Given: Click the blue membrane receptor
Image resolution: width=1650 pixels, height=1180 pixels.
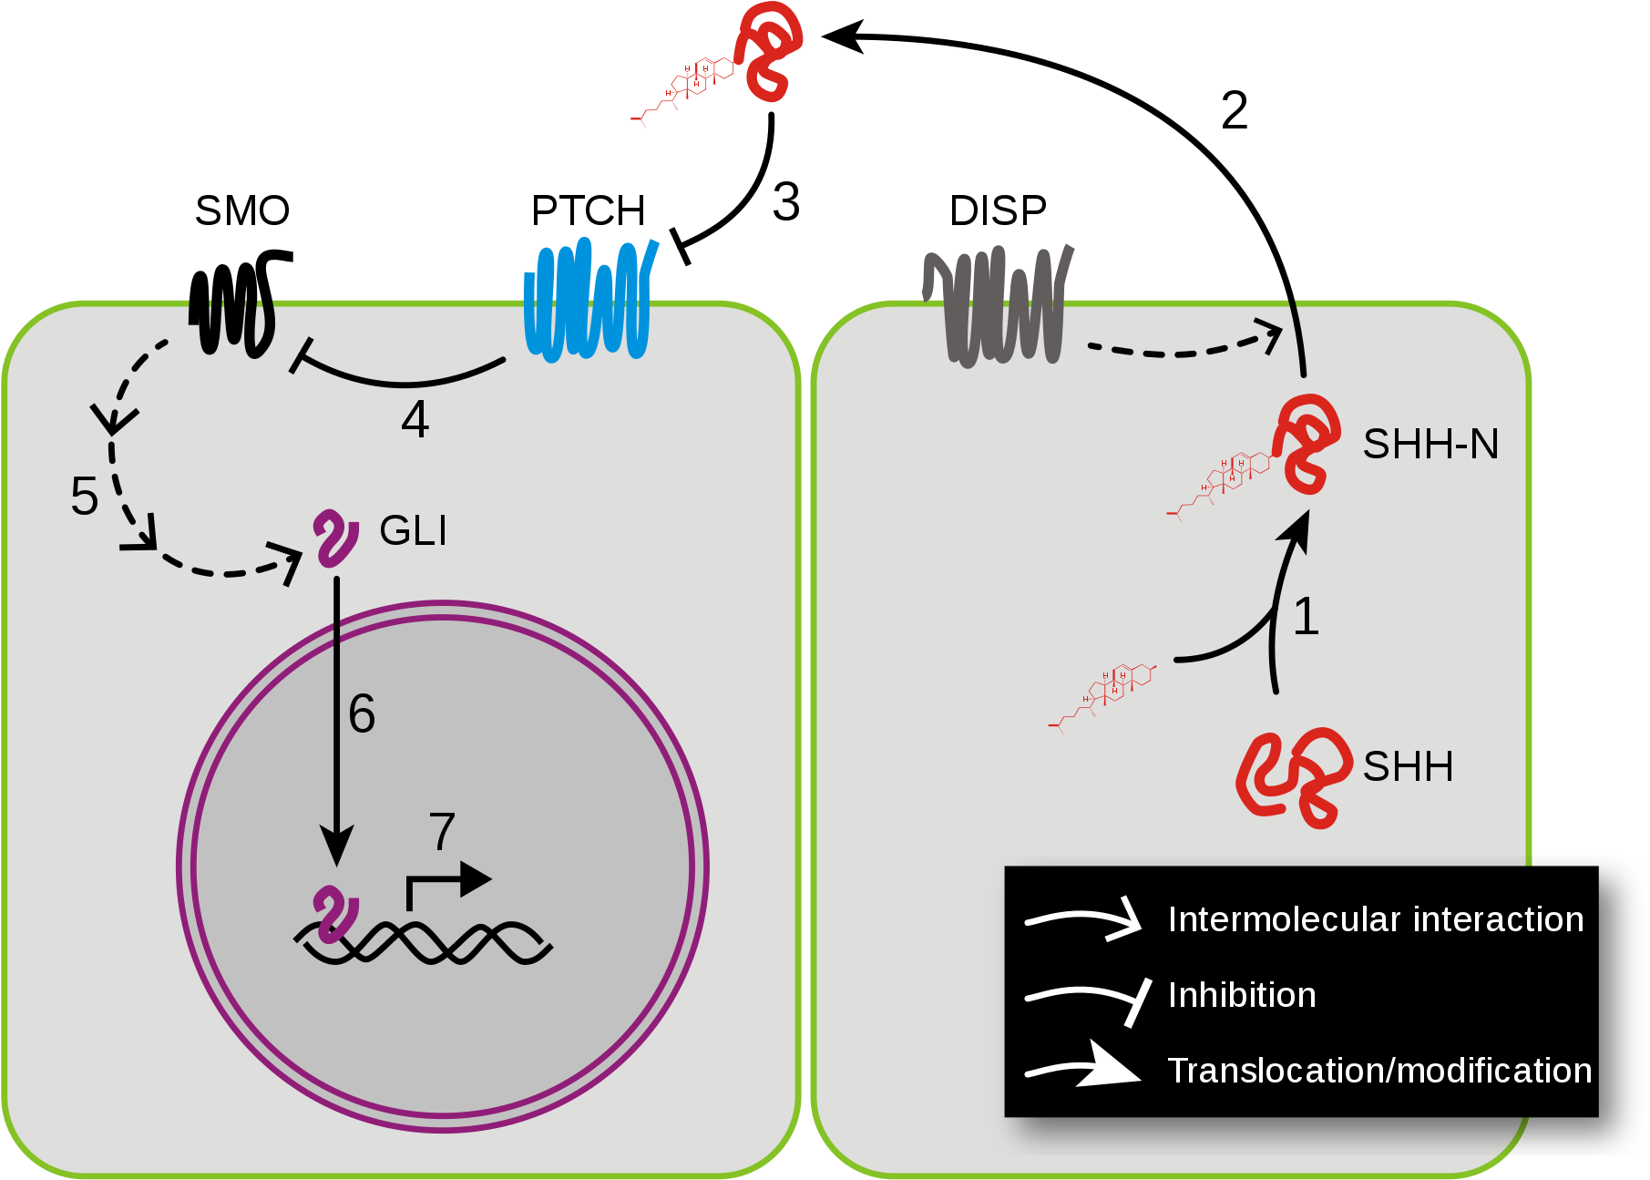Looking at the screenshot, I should (x=588, y=301).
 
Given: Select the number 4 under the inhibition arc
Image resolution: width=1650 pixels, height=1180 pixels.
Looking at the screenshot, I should (x=415, y=420).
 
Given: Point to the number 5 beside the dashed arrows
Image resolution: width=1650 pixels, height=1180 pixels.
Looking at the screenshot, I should (x=84, y=497).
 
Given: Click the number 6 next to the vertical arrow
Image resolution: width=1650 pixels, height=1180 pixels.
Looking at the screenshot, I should (x=362, y=713).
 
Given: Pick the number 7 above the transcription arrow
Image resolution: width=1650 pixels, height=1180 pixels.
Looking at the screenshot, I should (x=442, y=831).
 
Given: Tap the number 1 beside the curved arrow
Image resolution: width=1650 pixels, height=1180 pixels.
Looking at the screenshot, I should (x=1306, y=617).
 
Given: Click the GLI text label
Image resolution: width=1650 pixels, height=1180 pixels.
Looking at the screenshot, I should (x=413, y=531).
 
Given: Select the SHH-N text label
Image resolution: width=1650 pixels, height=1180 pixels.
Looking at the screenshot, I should (x=1430, y=445).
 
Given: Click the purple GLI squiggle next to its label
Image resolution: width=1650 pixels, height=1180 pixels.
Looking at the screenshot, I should (x=334, y=538).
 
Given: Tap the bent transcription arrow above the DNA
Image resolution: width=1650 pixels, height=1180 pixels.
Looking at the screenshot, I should (x=446, y=883).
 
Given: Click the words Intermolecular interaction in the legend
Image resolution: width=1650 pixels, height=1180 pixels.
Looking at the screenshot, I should (x=1376, y=919).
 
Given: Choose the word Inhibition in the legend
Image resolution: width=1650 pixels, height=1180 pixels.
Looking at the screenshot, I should (x=1242, y=995).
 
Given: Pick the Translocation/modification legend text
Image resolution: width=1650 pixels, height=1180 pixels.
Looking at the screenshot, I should (x=1379, y=1071).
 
